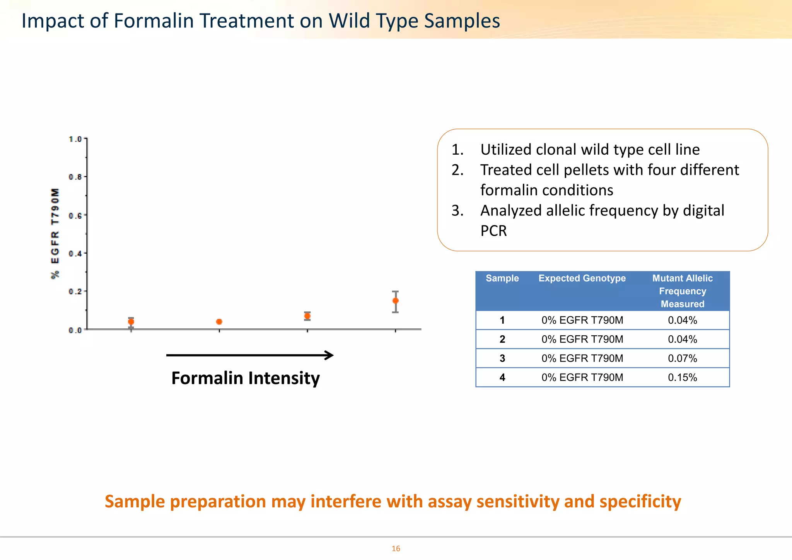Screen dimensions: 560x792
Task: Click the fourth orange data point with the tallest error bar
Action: (x=395, y=300)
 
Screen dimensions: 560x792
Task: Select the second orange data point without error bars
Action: (x=219, y=322)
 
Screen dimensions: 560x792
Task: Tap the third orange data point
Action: (x=307, y=316)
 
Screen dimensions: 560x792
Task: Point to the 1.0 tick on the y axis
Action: (x=75, y=139)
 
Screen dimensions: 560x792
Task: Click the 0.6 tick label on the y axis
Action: (x=75, y=215)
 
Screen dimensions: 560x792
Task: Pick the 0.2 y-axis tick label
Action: (x=75, y=292)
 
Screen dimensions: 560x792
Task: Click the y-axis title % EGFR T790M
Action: (x=55, y=233)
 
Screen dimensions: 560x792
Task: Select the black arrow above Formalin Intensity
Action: (x=249, y=355)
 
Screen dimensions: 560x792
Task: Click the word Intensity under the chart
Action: (x=284, y=378)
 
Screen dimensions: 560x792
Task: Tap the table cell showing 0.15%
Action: (x=682, y=377)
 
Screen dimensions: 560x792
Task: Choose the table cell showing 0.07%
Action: (x=682, y=359)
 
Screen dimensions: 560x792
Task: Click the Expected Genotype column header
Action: (x=582, y=278)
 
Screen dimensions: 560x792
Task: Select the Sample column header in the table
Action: (x=502, y=278)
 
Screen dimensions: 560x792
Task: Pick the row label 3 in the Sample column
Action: (x=502, y=359)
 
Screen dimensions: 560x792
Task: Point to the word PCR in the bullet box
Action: (x=493, y=231)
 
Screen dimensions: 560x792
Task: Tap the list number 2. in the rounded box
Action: (x=457, y=170)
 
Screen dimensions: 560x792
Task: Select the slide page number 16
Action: (x=396, y=548)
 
